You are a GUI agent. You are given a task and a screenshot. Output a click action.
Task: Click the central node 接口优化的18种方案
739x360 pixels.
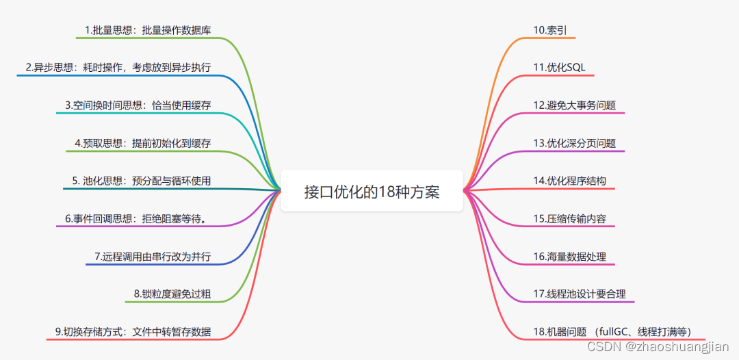(372, 191)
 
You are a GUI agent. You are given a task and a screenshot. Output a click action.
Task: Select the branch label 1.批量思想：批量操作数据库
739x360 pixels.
(148, 30)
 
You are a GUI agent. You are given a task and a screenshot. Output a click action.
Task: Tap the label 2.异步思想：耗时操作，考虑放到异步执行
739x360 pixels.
(118, 68)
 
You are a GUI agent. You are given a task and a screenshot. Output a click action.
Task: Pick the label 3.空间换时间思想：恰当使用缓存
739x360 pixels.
(138, 105)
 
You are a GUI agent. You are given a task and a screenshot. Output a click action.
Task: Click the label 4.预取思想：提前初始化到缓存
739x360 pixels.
(142, 143)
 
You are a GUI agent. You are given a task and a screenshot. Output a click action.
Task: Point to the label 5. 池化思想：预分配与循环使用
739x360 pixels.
(141, 181)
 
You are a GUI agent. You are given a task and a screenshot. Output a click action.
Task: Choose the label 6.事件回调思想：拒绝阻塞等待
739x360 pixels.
(138, 219)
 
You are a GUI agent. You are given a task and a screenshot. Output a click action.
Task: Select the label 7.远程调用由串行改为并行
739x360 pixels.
(153, 257)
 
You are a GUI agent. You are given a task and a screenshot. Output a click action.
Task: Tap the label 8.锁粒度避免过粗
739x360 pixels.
(172, 294)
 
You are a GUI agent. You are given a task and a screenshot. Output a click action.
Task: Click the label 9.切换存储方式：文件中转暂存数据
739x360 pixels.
(133, 332)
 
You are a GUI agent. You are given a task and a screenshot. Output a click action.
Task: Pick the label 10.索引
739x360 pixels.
(550, 30)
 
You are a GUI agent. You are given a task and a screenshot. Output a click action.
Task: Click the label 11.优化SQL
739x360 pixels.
(559, 68)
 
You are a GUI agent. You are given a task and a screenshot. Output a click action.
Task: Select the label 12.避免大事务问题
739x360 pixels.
(574, 105)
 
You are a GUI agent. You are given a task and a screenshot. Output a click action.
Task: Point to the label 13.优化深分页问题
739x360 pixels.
(574, 143)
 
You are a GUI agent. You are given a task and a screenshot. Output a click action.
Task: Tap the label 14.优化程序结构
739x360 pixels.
(569, 181)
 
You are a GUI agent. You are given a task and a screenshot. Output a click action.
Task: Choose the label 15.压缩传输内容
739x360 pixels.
(569, 219)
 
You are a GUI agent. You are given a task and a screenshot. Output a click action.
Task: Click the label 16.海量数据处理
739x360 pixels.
(569, 257)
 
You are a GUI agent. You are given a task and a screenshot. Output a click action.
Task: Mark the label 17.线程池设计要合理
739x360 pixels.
(579, 294)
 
